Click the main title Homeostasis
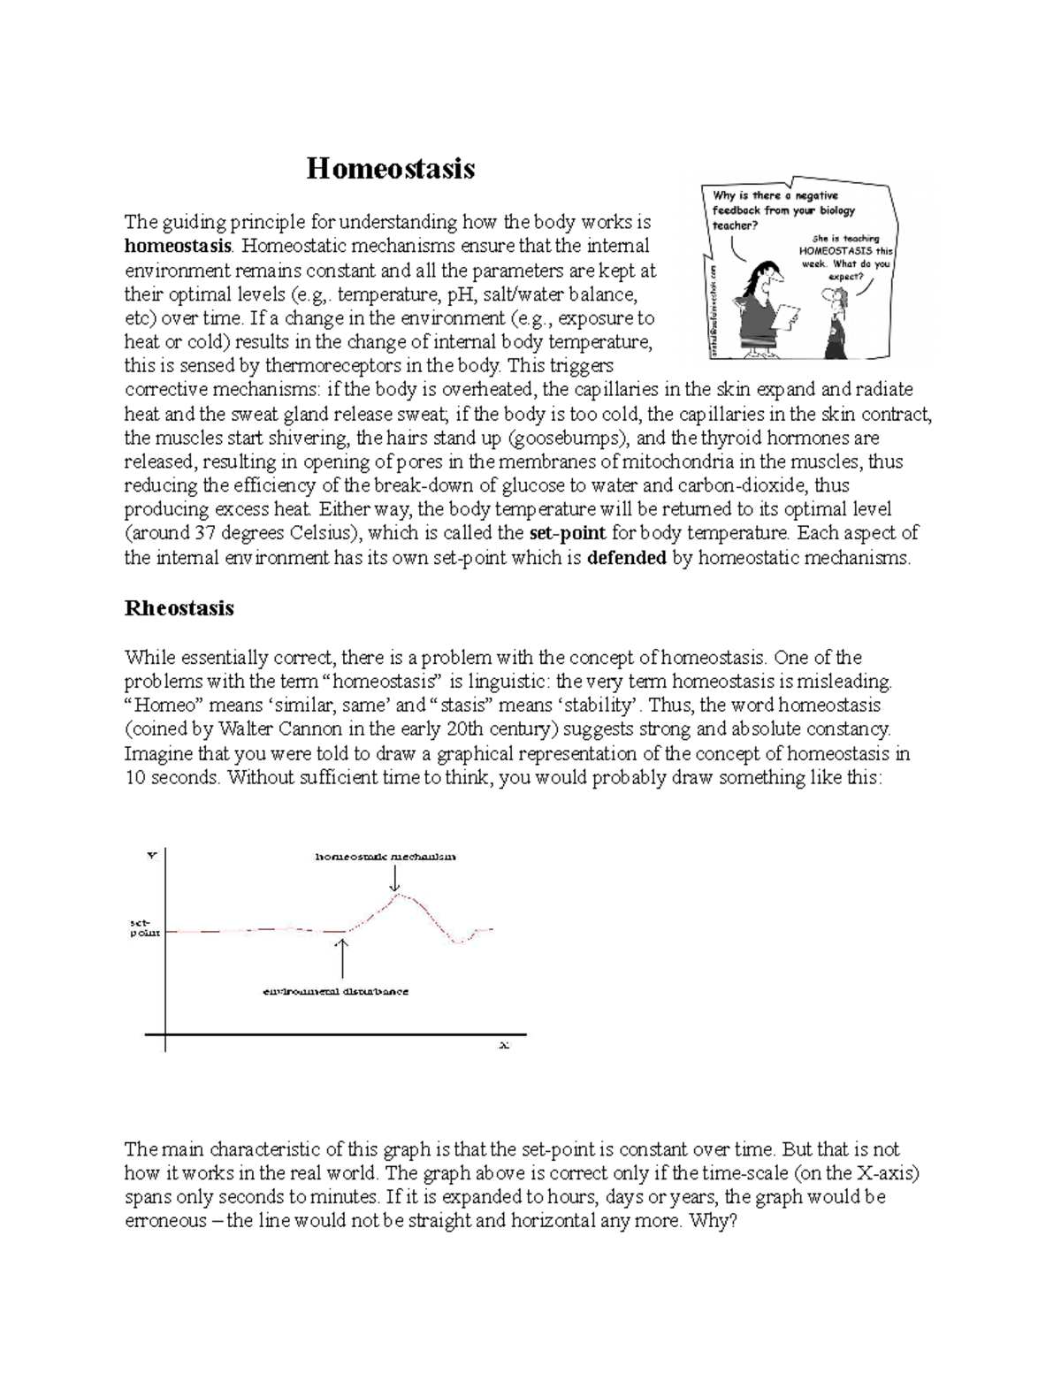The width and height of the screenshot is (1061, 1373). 390,168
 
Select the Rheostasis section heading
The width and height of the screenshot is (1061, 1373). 179,608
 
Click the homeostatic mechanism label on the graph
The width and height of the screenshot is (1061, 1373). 386,857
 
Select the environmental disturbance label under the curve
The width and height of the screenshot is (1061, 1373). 335,992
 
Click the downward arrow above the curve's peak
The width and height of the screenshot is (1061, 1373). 394,878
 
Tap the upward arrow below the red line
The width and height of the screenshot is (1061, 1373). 342,957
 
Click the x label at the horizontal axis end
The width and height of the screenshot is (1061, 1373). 505,1045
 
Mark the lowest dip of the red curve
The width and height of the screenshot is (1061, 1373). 458,943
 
